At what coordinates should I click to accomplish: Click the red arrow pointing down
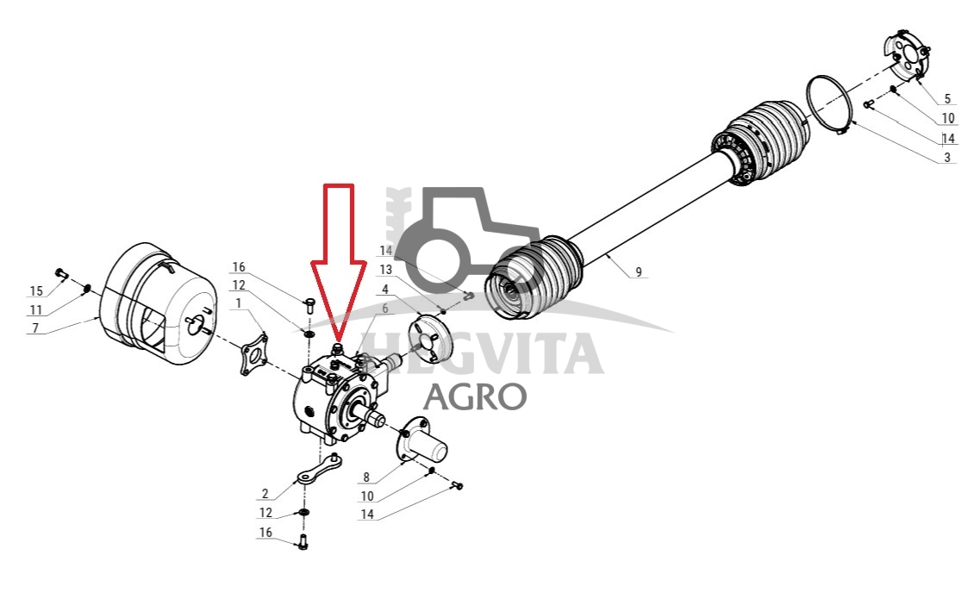pos(338,259)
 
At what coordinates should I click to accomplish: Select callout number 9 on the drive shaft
pos(639,271)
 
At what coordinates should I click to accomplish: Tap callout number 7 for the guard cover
pos(35,328)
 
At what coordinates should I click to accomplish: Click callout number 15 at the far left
pos(36,290)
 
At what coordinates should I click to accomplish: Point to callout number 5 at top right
pos(947,99)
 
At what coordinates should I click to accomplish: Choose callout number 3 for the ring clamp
pos(947,158)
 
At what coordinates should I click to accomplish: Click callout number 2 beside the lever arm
pos(265,493)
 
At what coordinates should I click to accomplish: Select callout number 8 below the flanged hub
pos(366,477)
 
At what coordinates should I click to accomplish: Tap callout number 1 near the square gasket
pos(238,304)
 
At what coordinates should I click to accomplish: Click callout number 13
pos(386,270)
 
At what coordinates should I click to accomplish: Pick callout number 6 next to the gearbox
pos(384,309)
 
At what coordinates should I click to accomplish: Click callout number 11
pos(36,310)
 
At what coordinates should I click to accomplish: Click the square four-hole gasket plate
pos(253,354)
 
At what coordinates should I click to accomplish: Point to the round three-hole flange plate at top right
pos(906,55)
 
